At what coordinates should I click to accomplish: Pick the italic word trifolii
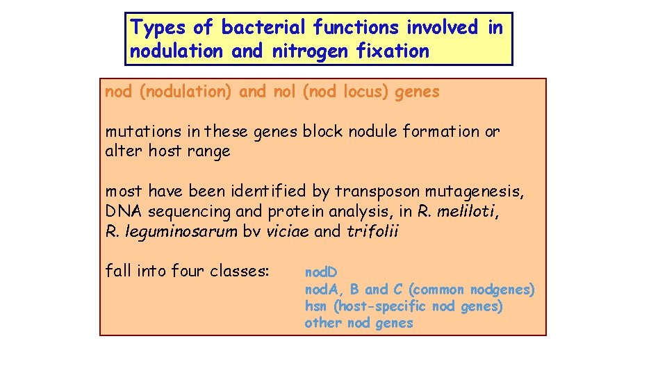[372, 231]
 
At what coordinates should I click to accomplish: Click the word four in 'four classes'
[181, 270]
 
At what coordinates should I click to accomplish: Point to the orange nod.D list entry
[321, 272]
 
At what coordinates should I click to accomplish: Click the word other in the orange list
[323, 323]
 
